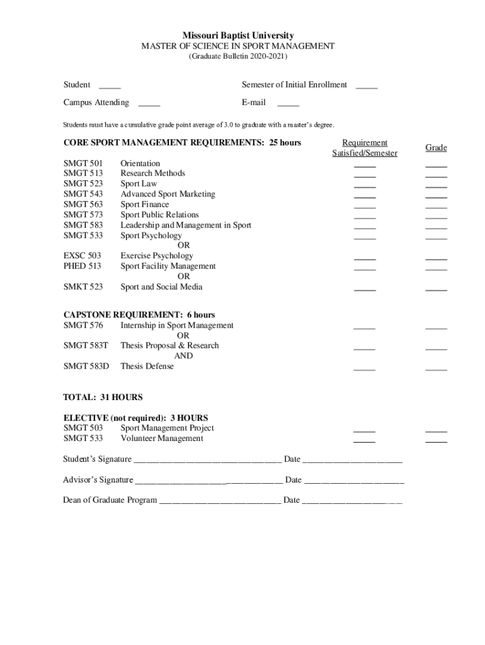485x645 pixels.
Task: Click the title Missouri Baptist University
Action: (x=238, y=36)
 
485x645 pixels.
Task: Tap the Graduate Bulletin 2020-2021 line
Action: (x=238, y=57)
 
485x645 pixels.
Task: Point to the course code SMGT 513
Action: (x=83, y=173)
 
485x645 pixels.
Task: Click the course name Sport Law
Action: (x=139, y=184)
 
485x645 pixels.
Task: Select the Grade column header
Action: (x=436, y=148)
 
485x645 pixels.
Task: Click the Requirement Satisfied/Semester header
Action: (x=365, y=148)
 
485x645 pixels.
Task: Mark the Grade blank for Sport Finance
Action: (x=436, y=207)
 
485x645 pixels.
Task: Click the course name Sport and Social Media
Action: (x=161, y=287)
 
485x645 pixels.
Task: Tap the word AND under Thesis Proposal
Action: (x=183, y=356)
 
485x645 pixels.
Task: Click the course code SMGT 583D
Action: (x=86, y=367)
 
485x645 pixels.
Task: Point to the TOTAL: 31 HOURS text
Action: (x=103, y=397)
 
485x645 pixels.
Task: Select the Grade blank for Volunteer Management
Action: (x=436, y=441)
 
